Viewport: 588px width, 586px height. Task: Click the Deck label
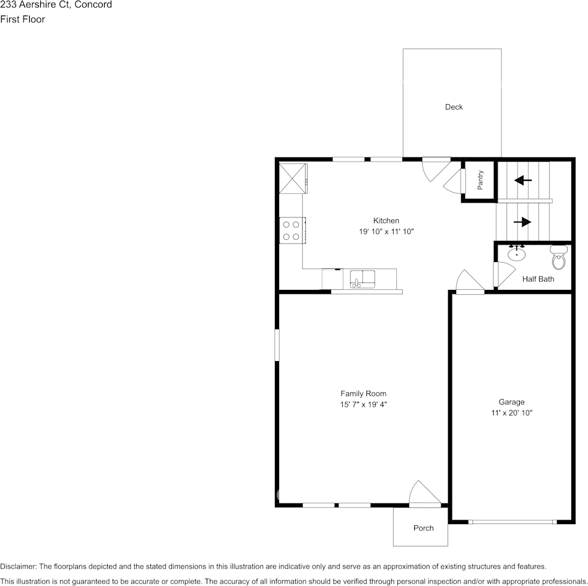[454, 107]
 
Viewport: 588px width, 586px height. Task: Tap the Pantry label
[480, 180]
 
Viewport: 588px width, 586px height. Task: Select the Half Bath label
[538, 279]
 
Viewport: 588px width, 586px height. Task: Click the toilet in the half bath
[559, 257]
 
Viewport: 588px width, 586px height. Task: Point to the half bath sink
[517, 253]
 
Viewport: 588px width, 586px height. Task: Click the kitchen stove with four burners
[291, 230]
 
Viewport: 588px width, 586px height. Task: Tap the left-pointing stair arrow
[523, 180]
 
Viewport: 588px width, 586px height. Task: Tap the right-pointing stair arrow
[522, 222]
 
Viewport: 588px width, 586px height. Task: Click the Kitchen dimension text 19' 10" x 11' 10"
[386, 232]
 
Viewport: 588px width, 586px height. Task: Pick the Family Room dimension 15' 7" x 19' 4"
[363, 405]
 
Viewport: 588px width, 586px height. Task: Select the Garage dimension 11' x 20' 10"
[511, 413]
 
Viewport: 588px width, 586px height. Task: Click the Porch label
[423, 528]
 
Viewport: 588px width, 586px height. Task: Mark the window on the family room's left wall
[277, 344]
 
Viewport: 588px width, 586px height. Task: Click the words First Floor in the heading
[23, 19]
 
